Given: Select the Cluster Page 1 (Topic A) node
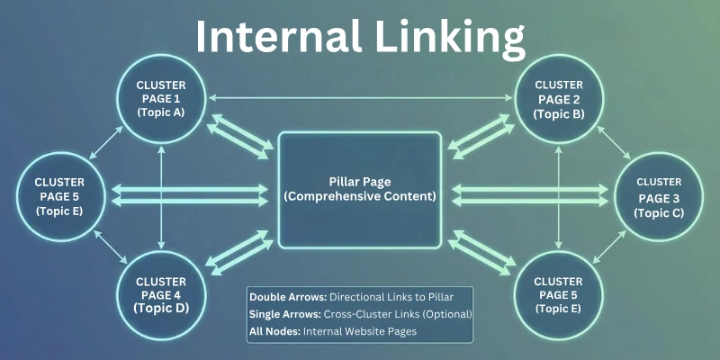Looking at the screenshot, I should (162, 98).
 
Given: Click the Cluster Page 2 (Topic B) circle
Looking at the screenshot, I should (558, 98).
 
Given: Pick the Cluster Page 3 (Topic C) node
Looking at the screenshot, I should (658, 196).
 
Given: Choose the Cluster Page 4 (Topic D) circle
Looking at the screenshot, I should (162, 293).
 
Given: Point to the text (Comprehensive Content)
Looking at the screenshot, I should (360, 196).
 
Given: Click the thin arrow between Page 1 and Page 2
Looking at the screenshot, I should (360, 97).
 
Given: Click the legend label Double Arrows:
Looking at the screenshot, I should (288, 296).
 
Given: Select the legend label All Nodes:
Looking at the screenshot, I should (274, 331).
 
